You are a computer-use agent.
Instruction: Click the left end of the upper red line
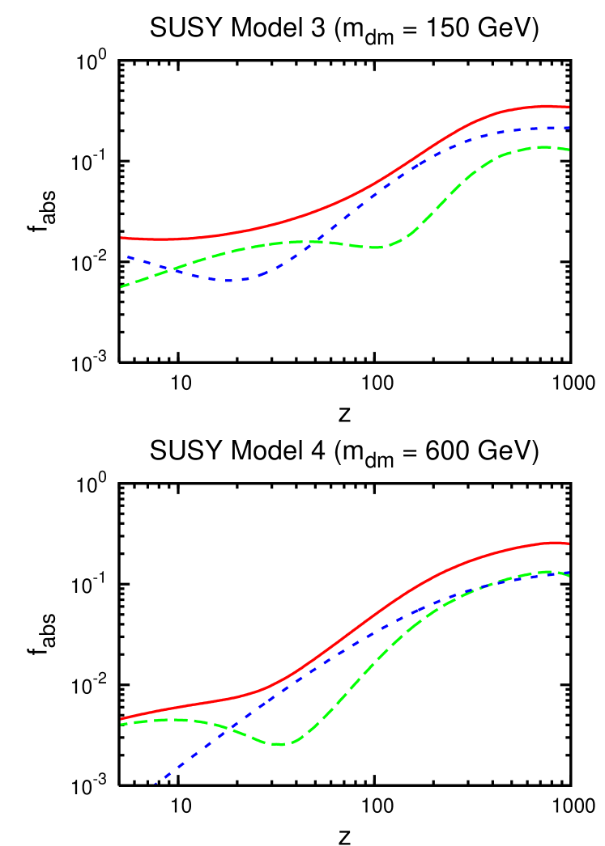pyautogui.click(x=121, y=238)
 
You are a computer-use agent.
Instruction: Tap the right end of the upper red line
pyautogui.click(x=569, y=107)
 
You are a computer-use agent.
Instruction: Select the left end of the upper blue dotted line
pyautogui.click(x=127, y=256)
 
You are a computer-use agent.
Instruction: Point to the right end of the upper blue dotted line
pyautogui.click(x=569, y=128)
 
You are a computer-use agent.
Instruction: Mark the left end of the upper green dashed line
pyautogui.click(x=121, y=287)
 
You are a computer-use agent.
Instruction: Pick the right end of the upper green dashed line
pyautogui.click(x=569, y=150)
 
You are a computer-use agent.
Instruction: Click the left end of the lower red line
pyautogui.click(x=121, y=718)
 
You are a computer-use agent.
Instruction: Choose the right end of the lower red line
pyautogui.click(x=569, y=544)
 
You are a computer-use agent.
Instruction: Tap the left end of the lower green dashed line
pyautogui.click(x=121, y=724)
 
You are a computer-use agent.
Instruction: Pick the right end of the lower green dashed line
pyautogui.click(x=569, y=574)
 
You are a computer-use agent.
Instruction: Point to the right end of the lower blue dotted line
pyautogui.click(x=569, y=575)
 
